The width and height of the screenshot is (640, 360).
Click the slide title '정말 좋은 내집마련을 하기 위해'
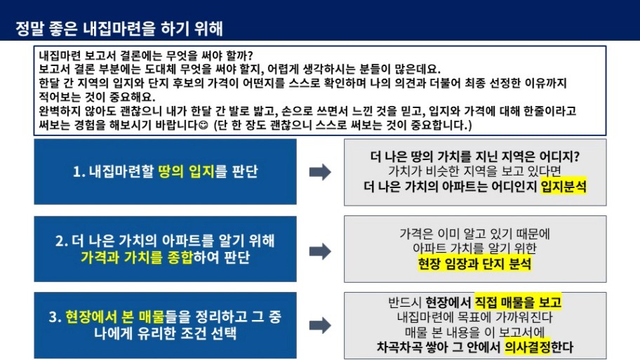(x=119, y=29)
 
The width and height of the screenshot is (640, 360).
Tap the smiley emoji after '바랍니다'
(x=203, y=125)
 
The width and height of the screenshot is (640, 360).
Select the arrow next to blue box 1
(x=320, y=172)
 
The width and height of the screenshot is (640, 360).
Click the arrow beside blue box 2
(x=320, y=251)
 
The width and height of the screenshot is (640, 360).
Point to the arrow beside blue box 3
(x=320, y=326)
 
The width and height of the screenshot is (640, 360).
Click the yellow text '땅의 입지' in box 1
(x=186, y=171)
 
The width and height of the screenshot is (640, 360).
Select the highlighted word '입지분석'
(x=564, y=187)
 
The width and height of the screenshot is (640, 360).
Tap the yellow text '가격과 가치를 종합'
(x=136, y=258)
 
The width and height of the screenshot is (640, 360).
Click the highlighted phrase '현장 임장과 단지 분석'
(x=474, y=264)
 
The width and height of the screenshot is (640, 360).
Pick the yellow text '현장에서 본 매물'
(x=114, y=316)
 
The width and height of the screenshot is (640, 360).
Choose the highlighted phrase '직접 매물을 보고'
(x=518, y=302)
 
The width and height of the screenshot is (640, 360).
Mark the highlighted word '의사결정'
(x=527, y=347)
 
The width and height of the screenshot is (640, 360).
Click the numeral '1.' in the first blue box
(x=79, y=172)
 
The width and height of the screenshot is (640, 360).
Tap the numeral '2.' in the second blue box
(x=62, y=241)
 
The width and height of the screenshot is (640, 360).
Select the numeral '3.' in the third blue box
(x=55, y=317)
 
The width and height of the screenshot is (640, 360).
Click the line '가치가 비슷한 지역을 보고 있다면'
(x=474, y=171)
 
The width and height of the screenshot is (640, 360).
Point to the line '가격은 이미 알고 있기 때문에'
(x=474, y=234)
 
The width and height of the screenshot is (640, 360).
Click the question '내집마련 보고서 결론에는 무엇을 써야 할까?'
(x=146, y=55)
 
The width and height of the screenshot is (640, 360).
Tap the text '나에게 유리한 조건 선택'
(x=165, y=333)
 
